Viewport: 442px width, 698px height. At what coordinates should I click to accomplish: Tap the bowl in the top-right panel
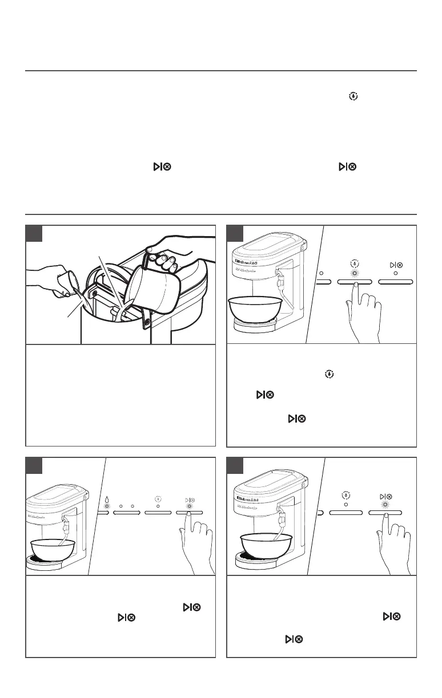point(256,309)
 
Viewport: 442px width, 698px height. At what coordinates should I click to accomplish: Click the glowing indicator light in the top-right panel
point(355,273)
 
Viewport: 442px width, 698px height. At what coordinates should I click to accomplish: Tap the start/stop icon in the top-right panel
point(395,265)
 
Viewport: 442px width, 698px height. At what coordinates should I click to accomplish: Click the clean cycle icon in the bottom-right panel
point(346,495)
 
